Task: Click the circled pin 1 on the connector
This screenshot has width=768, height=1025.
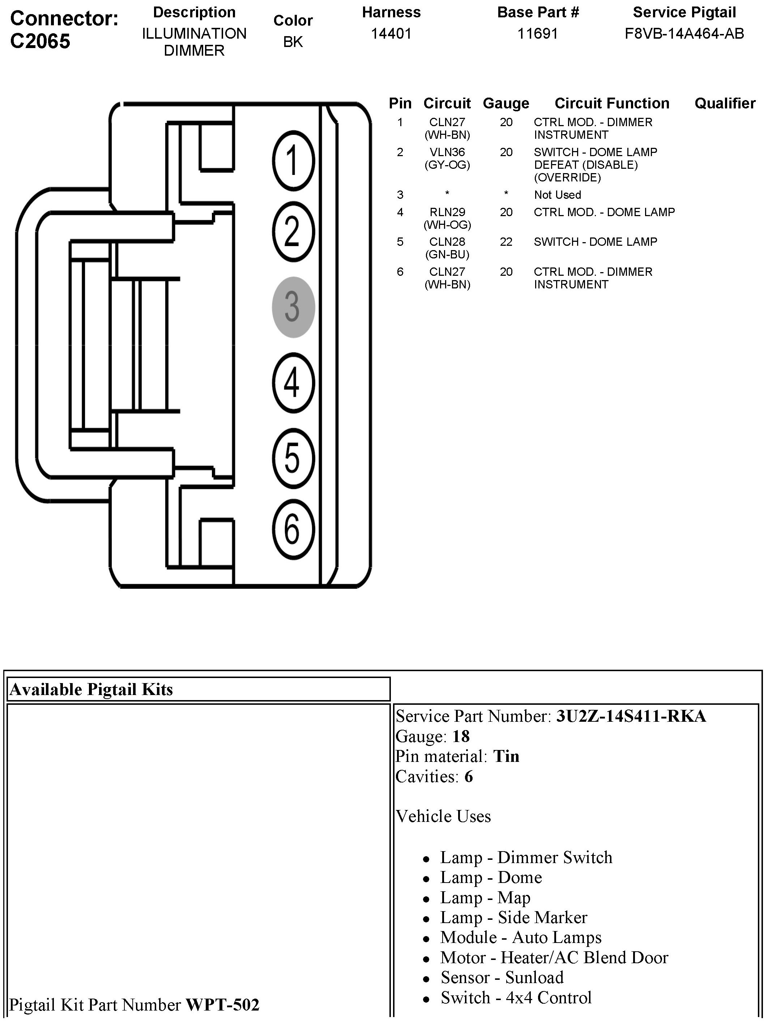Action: (293, 160)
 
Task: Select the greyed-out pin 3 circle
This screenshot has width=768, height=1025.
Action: (293, 307)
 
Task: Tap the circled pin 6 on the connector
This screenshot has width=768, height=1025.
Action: (293, 529)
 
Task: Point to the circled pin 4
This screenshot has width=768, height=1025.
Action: (293, 383)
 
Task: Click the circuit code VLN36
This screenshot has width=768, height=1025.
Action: (447, 152)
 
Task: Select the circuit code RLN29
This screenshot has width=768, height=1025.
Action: (447, 212)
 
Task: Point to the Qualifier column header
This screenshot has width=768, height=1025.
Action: (725, 103)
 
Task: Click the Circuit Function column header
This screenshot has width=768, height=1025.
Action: (612, 103)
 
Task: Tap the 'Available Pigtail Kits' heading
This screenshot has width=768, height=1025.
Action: (91, 690)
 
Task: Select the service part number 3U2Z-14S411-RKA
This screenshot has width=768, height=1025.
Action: (631, 716)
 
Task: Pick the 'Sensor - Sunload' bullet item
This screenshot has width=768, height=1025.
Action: (502, 977)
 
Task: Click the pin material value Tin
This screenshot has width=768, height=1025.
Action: (506, 756)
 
